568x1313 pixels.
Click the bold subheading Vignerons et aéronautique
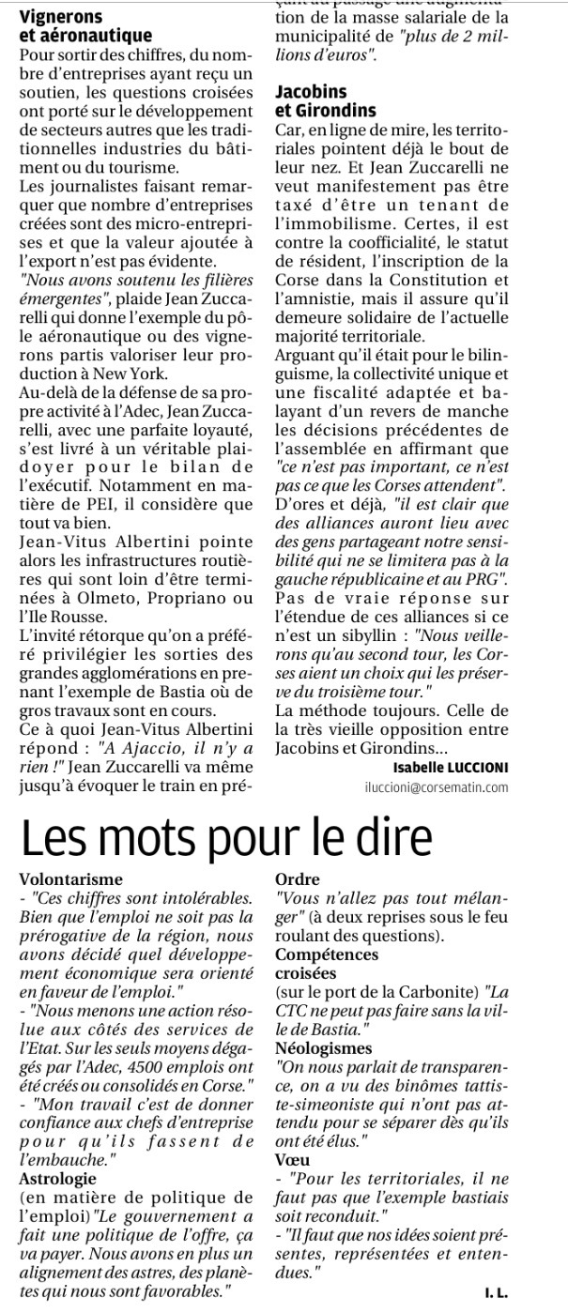[85, 25]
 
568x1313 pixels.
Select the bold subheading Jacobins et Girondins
[325, 100]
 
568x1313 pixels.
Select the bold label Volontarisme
[71, 879]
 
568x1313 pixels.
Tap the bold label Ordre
[298, 879]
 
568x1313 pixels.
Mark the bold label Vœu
[292, 1160]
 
